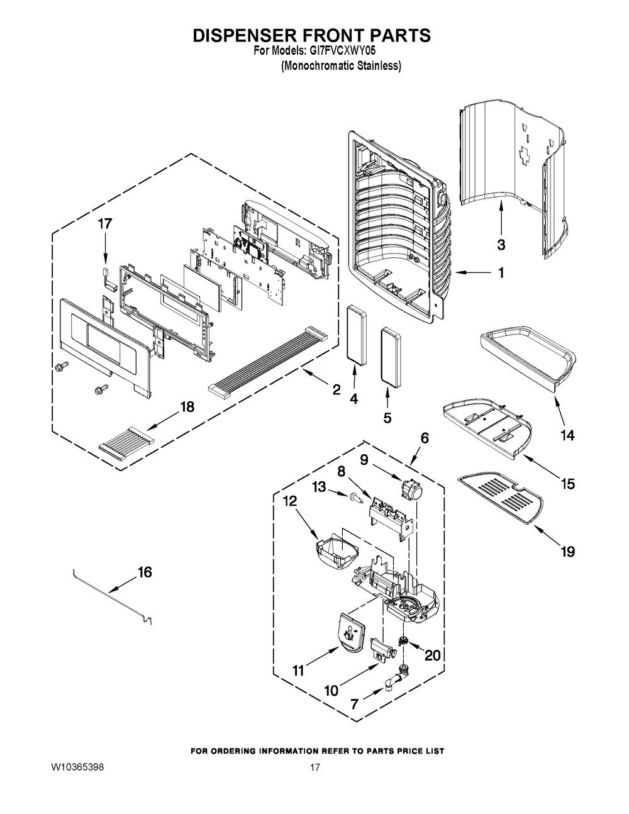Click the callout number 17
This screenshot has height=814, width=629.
[105, 224]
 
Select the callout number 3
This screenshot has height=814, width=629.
[501, 245]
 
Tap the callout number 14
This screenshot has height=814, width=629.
[567, 435]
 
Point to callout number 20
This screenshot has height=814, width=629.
[432, 655]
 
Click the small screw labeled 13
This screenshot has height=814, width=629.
[356, 499]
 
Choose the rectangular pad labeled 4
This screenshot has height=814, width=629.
[357, 334]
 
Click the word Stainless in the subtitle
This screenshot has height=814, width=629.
[378, 66]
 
